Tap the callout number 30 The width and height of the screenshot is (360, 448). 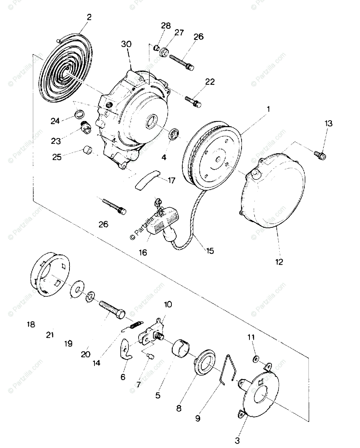pos(127,44)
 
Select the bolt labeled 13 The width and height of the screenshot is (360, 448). pos(320,154)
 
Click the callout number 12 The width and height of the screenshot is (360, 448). pos(280,261)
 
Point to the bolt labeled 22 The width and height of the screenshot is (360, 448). pos(193,102)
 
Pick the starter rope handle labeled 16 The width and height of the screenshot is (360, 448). pos(164,224)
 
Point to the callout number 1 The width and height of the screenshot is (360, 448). pos(268,110)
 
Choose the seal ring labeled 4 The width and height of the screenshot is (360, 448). pos(174,134)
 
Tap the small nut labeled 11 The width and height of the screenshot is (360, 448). pos(256,359)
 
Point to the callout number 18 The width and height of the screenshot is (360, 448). pos(31,324)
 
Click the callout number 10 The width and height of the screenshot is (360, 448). pos(168,304)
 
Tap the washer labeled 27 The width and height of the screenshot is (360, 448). pos(163,51)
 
